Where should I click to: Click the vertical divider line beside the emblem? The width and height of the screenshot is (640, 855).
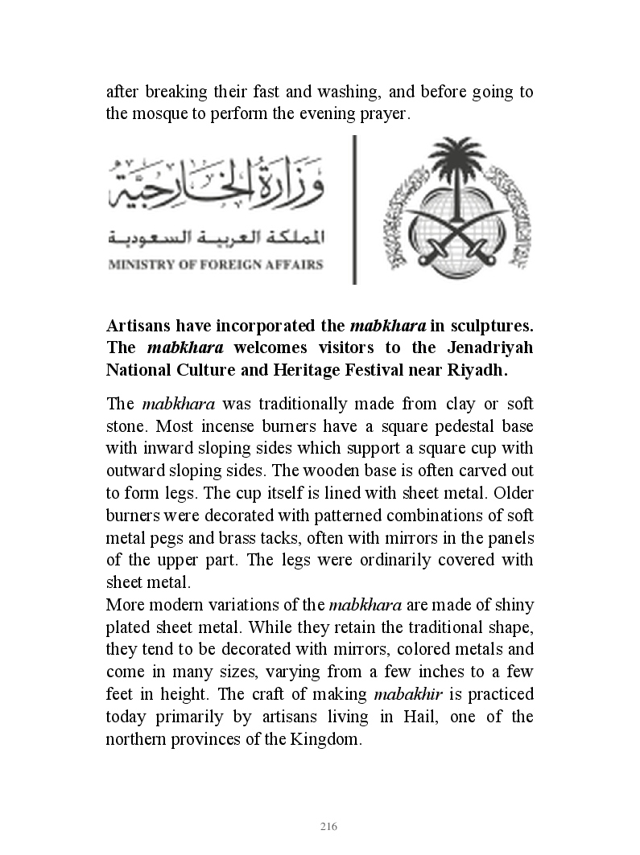coord(354,209)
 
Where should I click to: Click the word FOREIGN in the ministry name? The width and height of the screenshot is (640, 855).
coord(230,265)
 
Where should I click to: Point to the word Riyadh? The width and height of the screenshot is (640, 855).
coord(479,370)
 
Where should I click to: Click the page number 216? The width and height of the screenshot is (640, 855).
coord(328,827)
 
